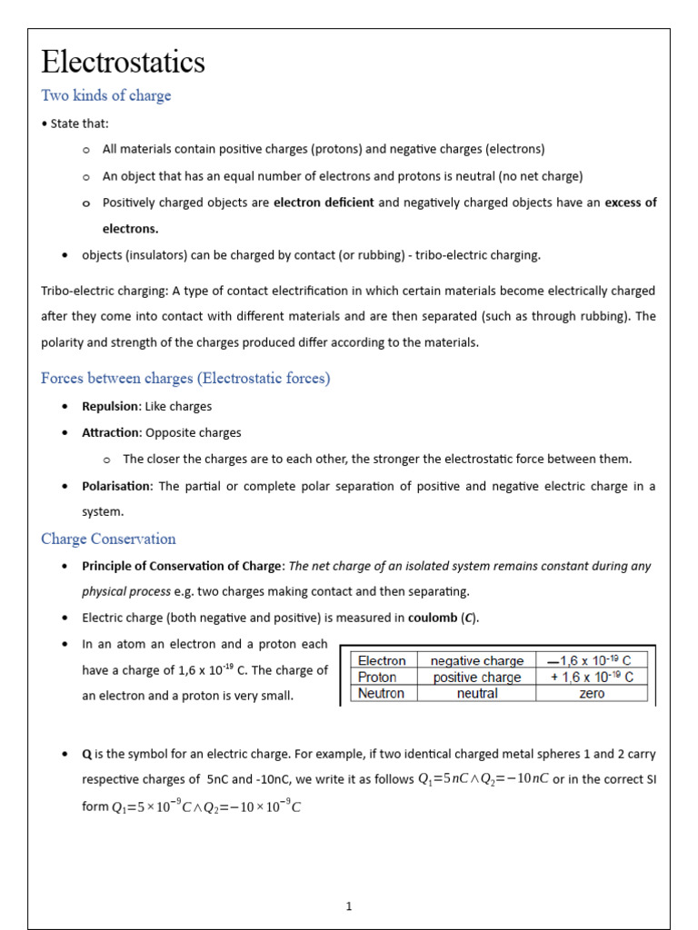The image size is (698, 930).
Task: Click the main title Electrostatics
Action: [x=124, y=62]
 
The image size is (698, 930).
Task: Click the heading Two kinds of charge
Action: [x=106, y=95]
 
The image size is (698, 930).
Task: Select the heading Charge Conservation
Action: [x=108, y=539]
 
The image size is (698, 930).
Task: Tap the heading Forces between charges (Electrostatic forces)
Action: [x=185, y=378]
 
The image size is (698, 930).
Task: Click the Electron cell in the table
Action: [x=382, y=660]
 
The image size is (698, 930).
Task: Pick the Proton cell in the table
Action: [x=377, y=677]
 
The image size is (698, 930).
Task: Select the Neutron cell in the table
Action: [x=381, y=693]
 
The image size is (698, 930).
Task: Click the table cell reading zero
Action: [x=591, y=693]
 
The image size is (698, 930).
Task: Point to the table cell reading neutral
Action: [x=477, y=693]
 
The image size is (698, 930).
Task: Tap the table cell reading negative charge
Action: [x=477, y=660]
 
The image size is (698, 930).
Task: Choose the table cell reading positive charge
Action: [x=477, y=677]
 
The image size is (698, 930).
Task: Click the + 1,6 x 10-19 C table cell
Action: [x=591, y=677]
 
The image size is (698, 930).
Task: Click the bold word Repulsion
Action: [x=111, y=406]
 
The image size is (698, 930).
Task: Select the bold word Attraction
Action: [x=111, y=432]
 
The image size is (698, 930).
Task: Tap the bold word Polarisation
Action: [x=117, y=486]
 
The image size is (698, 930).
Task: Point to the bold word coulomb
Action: [x=433, y=618]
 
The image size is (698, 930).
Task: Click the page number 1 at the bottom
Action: [x=349, y=905]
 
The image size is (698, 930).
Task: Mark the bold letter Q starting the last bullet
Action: [x=87, y=754]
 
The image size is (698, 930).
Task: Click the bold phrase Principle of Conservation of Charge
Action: [x=183, y=566]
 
